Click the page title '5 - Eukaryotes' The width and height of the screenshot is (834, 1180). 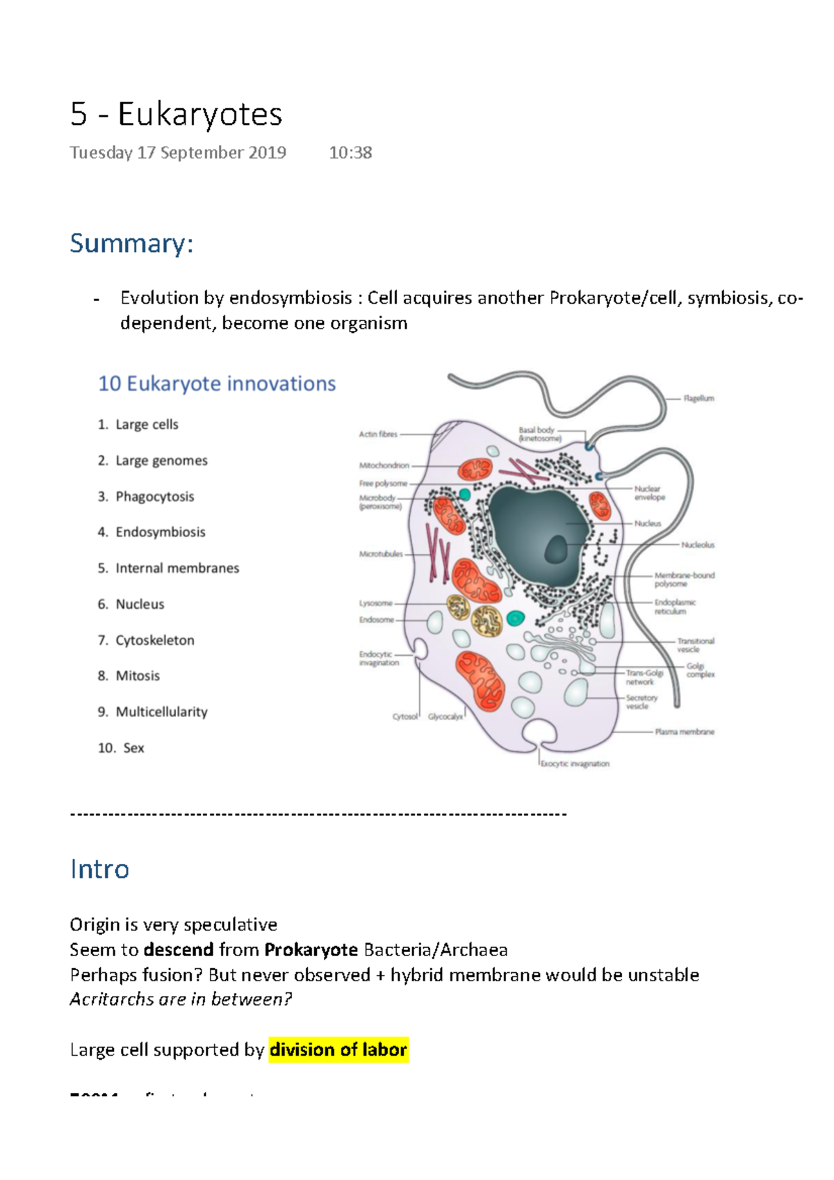click(x=176, y=115)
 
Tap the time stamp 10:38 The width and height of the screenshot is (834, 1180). click(x=350, y=153)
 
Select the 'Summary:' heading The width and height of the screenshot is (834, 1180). click(x=131, y=244)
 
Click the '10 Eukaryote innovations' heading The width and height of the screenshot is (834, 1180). click(x=217, y=384)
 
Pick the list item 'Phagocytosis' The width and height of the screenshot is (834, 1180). click(x=154, y=497)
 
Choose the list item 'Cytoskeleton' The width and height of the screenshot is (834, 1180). click(x=154, y=641)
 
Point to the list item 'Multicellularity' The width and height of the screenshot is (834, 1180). click(x=161, y=712)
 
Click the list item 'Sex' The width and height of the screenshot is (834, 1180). click(x=133, y=748)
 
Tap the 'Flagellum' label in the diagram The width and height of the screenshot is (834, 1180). click(x=698, y=399)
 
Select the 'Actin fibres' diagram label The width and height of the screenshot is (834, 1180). click(x=378, y=434)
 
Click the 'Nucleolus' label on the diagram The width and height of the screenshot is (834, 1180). click(x=698, y=546)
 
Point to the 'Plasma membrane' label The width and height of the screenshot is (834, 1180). click(x=685, y=732)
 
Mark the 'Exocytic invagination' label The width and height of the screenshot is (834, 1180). click(x=575, y=764)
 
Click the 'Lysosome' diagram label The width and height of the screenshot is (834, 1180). click(x=376, y=603)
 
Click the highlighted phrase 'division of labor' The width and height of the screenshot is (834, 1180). click(x=338, y=1050)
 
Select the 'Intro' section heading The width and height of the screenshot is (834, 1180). click(x=99, y=869)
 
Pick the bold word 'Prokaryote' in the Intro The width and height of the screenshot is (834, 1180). click(x=311, y=950)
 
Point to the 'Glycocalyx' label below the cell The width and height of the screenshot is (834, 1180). click(x=445, y=717)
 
